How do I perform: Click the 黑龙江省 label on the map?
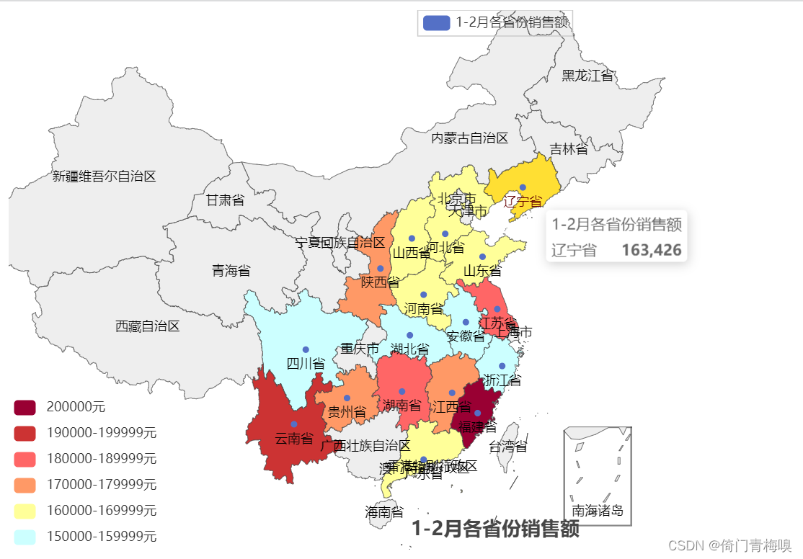tap(587, 76)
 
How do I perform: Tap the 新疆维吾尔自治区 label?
tap(105, 176)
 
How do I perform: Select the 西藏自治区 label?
tap(148, 326)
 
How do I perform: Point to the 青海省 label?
tap(231, 271)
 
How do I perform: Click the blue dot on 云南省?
tap(294, 424)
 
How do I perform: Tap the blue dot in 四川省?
tap(306, 350)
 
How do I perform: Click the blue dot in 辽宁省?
tap(523, 187)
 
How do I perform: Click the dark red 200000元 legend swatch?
tap(25, 407)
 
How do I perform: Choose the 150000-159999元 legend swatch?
tap(25, 537)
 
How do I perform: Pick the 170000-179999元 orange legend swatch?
tap(25, 485)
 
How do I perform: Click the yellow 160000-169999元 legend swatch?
tap(25, 511)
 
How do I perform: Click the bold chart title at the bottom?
tap(495, 529)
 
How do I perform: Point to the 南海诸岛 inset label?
tap(598, 511)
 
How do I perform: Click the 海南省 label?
tap(384, 512)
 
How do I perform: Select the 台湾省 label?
tap(508, 447)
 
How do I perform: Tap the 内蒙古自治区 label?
tap(470, 138)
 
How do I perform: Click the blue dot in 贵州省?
tap(347, 398)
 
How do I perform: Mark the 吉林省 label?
tap(569, 149)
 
